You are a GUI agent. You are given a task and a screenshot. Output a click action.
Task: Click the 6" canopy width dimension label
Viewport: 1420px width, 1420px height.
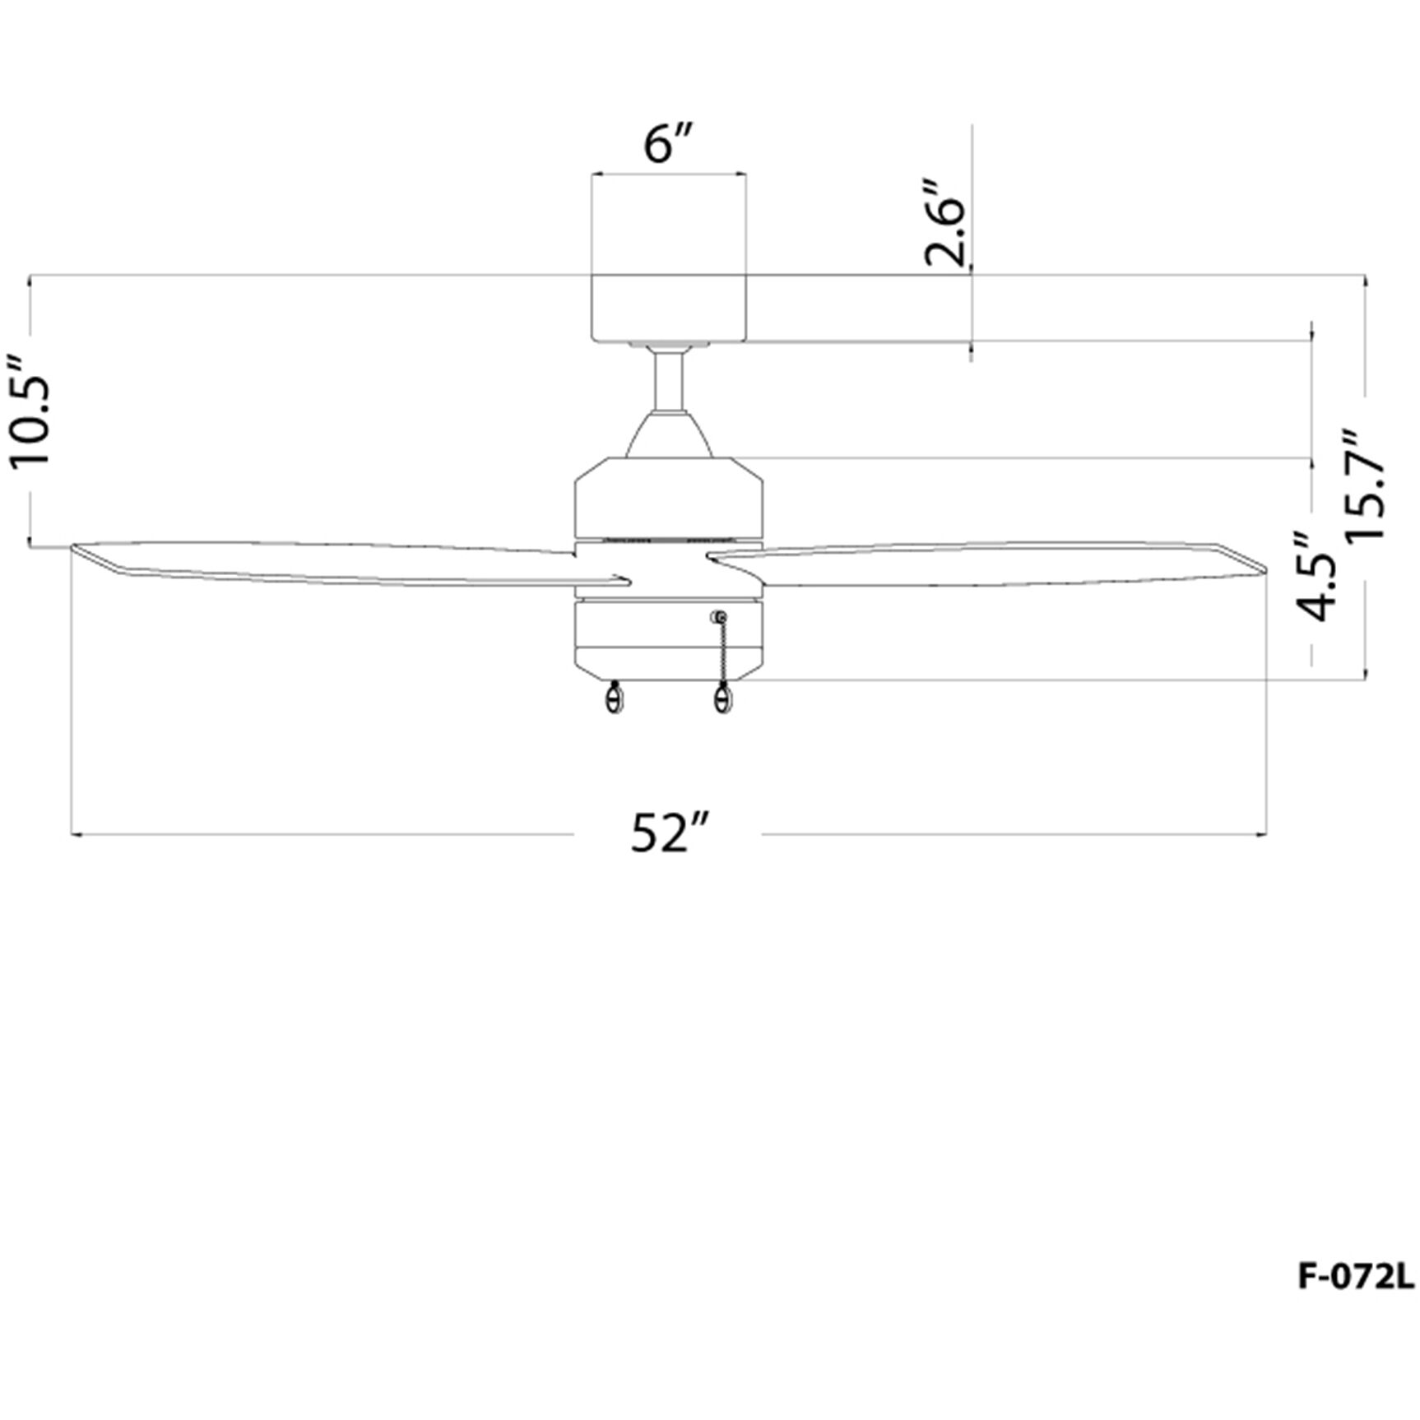(x=668, y=145)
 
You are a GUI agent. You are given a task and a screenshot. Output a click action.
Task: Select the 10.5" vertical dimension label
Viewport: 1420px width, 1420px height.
(x=30, y=411)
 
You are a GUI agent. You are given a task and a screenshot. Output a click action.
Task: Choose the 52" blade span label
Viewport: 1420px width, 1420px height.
(x=668, y=833)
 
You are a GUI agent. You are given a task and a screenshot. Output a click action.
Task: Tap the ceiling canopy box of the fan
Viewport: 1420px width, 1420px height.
(x=668, y=308)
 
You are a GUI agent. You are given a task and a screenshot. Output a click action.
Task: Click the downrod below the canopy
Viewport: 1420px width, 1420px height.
(x=669, y=378)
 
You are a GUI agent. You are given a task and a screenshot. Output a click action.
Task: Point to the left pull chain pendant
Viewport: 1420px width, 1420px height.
(x=614, y=698)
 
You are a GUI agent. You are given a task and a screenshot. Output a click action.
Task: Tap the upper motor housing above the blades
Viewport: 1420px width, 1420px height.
(x=668, y=498)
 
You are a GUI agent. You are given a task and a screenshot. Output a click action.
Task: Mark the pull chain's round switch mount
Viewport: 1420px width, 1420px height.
(x=720, y=617)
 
